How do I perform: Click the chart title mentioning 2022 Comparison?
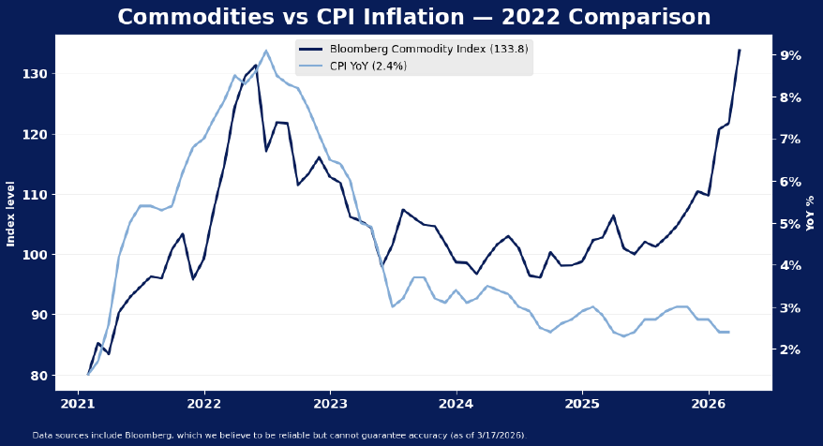pos(413,18)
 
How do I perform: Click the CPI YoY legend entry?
pos(367,67)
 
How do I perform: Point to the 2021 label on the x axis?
pos(78,404)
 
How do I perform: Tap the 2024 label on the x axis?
pos(456,404)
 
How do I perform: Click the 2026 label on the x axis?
pos(709,404)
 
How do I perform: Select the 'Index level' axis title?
pos(11,214)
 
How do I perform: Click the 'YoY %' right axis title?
pos(811,214)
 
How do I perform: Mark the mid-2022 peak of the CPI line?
pos(265,51)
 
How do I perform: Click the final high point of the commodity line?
pos(739,51)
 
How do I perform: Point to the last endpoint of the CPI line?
pos(728,332)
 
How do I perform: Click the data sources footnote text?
pos(279,435)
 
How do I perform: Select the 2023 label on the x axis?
pos(330,404)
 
